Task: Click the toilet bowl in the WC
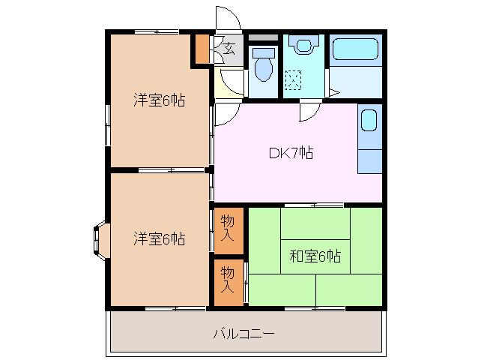coord(263,68)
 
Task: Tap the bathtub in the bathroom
coord(357,51)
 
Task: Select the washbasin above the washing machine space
coord(303,46)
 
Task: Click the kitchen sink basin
coord(369,121)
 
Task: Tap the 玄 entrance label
coord(229,49)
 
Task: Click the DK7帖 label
coord(291,153)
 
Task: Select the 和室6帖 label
coord(315,256)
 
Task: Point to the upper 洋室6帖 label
coord(160,100)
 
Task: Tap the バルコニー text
coord(243,332)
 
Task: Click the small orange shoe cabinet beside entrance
coord(202,49)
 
